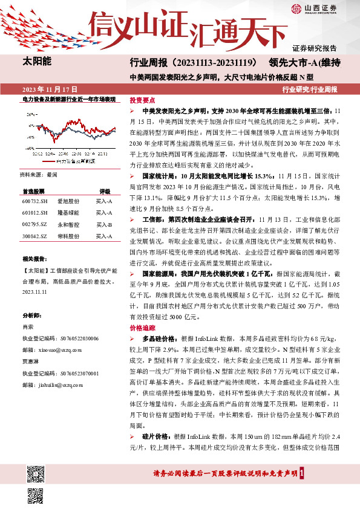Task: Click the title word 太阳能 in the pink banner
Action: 37,62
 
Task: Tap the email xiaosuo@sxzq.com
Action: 60,349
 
